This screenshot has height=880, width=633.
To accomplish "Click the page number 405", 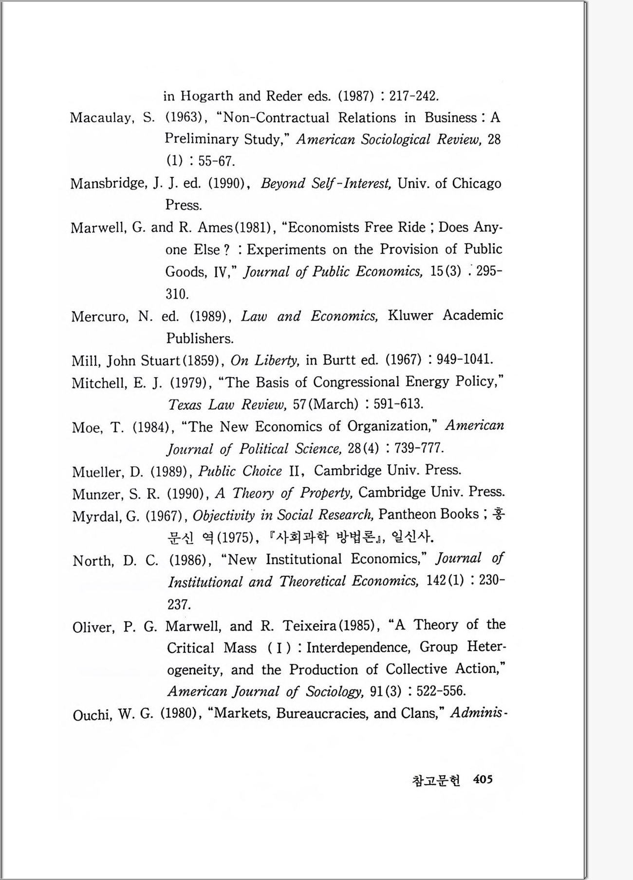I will (x=483, y=779).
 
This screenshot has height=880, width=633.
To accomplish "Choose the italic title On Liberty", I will (x=265, y=360).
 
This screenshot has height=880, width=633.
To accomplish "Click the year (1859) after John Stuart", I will (x=201, y=361).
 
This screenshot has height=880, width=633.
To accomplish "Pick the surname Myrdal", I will (x=98, y=516).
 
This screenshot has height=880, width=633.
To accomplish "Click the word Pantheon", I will (x=407, y=514).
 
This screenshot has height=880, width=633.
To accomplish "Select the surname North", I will (x=93, y=561).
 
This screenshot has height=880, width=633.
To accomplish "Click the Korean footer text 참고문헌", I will (x=436, y=780).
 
